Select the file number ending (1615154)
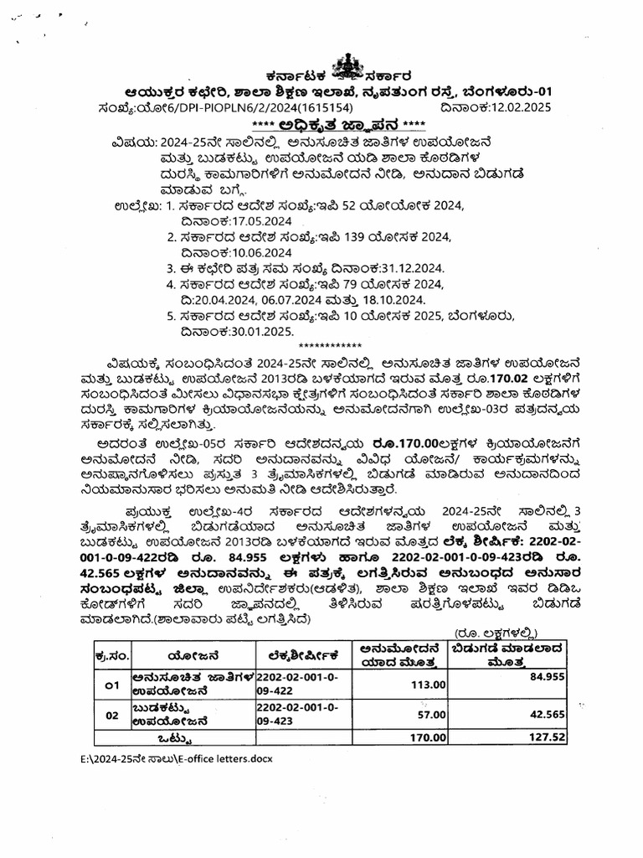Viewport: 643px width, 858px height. click(313, 108)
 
